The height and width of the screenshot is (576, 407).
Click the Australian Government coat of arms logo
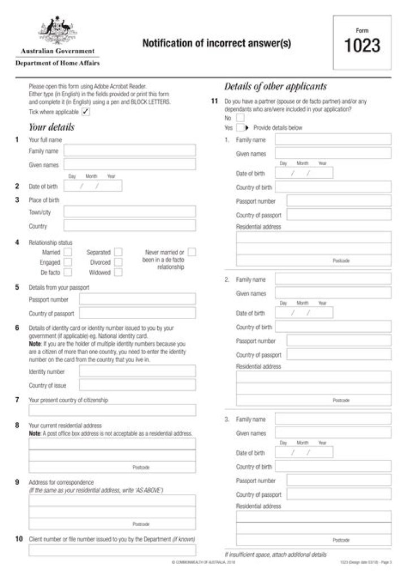tap(57, 31)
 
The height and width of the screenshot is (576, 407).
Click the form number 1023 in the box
tap(362, 45)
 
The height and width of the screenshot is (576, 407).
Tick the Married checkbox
tap(68, 252)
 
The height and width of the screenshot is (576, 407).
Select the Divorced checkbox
tap(118, 263)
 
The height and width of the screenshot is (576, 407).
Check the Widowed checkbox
tap(118, 273)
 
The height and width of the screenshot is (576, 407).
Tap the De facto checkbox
tap(68, 273)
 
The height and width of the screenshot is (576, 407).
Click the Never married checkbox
tap(192, 252)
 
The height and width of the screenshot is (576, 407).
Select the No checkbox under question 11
tap(240, 118)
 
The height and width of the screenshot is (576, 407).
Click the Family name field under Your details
tap(129, 151)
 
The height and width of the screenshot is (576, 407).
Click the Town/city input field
tap(129, 212)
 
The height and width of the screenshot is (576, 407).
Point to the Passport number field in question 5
tap(137, 299)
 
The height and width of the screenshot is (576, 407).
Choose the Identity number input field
tap(137, 372)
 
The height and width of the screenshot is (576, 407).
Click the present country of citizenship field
tap(112, 410)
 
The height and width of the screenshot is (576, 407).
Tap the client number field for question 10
tap(112, 550)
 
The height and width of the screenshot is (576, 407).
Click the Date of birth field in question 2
tap(93, 186)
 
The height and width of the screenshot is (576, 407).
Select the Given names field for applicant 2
tap(333, 294)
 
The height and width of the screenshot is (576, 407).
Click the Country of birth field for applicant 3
tap(333, 467)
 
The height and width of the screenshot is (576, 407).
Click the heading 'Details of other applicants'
tap(275, 87)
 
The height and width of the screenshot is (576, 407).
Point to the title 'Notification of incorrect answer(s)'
tap(217, 43)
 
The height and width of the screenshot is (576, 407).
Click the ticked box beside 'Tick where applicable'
tap(85, 112)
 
